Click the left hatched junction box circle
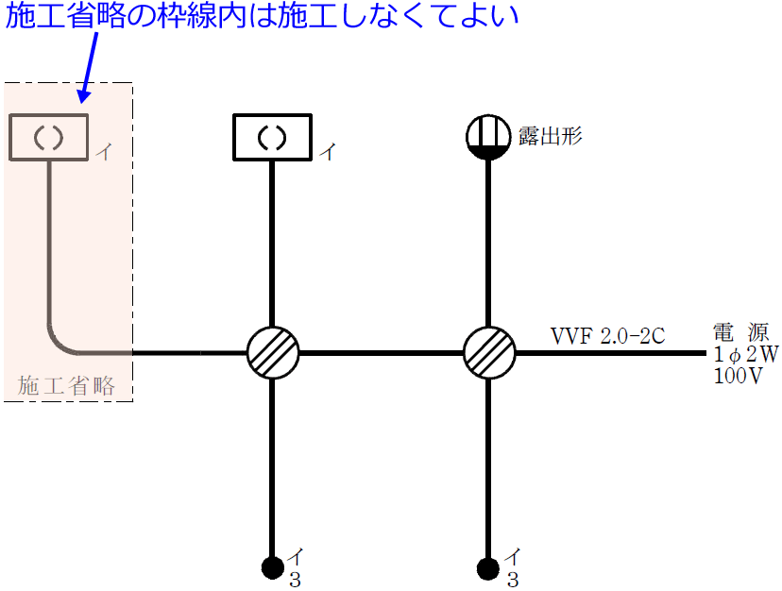coord(273,353)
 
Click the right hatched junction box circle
coord(489,353)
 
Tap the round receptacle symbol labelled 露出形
coord(489,138)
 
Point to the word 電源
coord(740,332)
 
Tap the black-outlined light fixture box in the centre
coord(273,137)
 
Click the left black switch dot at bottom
coord(273,566)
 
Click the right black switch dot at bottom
coord(489,566)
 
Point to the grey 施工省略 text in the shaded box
coord(67,385)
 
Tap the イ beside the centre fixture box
coord(326,152)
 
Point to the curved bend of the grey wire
coord(59,342)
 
